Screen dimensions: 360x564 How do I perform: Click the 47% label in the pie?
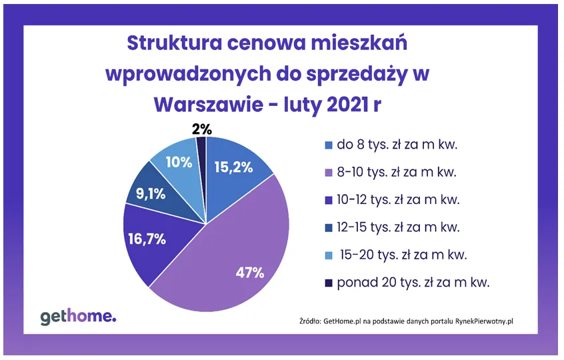(250, 272)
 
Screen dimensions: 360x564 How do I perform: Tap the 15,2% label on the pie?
(233, 167)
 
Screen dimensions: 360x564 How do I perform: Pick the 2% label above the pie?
(202, 129)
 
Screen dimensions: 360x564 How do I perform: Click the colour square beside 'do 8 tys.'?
(327, 145)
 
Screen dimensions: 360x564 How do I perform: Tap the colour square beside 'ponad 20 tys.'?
(327, 283)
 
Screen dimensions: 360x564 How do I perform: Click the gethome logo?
(77, 316)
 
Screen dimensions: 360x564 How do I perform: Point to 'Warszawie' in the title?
(201, 105)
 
